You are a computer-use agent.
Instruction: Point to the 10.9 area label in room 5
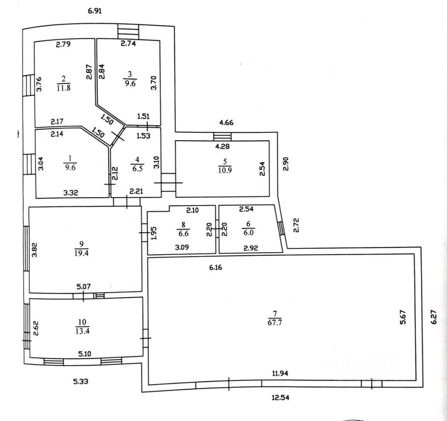[x=225, y=170]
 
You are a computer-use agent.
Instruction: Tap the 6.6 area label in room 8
[x=183, y=234]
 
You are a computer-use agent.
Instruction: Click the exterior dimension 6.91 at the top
[x=95, y=11]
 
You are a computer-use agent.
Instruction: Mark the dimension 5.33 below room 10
[x=81, y=381]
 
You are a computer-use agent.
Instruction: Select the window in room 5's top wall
[x=222, y=137]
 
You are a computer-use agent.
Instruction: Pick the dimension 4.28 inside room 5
[x=222, y=146]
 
